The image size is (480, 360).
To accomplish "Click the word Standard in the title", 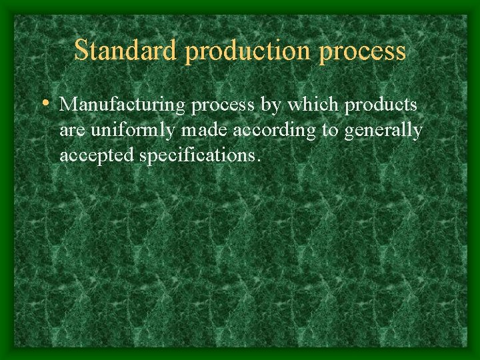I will click(x=126, y=50).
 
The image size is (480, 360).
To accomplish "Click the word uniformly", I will click(x=131, y=131).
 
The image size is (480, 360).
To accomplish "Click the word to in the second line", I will click(x=329, y=131).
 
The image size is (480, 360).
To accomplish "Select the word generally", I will click(x=383, y=131).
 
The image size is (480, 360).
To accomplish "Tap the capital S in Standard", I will click(x=82, y=50).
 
